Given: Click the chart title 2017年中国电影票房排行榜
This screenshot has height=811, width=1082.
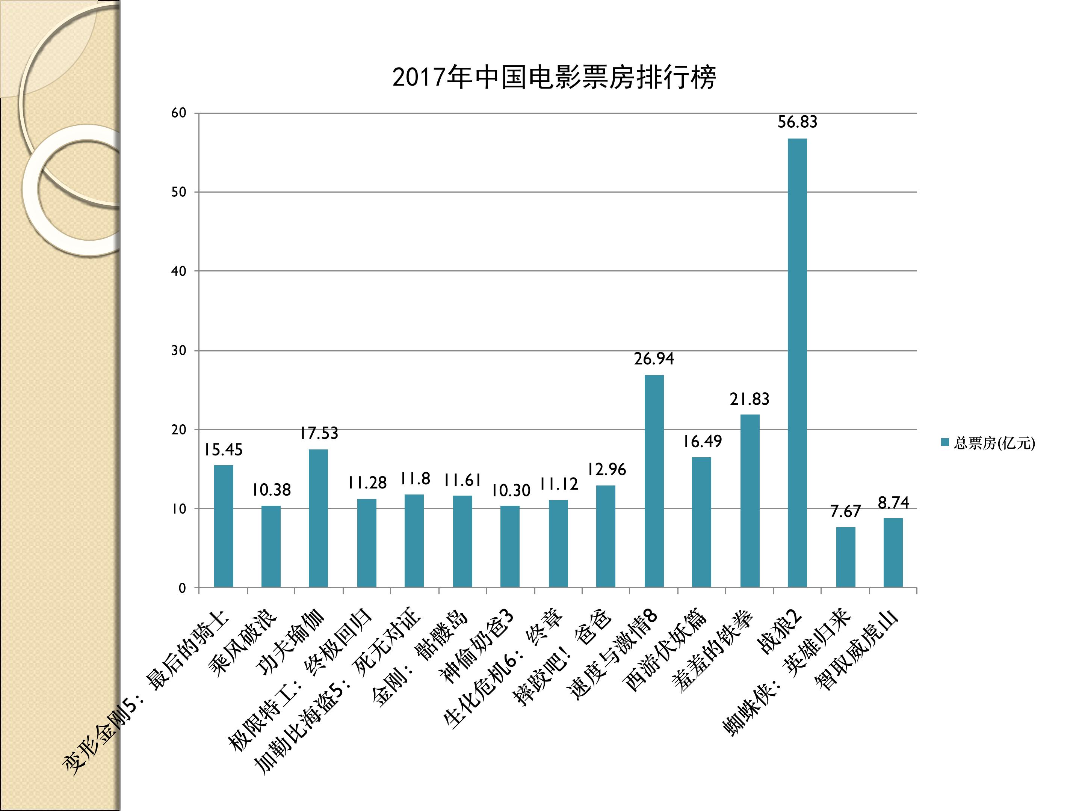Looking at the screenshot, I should [554, 77].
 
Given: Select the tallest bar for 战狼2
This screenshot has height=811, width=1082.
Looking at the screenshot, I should [797, 362].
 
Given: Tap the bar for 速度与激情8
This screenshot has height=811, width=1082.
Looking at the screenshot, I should [654, 481].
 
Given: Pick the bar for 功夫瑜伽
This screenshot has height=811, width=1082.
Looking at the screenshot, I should [319, 518].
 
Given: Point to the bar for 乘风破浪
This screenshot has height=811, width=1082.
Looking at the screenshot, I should [271, 547].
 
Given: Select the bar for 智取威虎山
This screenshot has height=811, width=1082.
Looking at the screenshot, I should [893, 552].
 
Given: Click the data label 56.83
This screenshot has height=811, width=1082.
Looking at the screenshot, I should [797, 122].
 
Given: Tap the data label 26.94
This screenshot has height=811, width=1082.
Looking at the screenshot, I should [654, 359].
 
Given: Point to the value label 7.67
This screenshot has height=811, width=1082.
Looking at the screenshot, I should [845, 511].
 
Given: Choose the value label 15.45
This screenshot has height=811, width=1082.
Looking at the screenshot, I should [223, 450].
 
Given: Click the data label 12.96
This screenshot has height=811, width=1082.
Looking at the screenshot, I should [606, 469].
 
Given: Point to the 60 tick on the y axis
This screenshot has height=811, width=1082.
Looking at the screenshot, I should [179, 113].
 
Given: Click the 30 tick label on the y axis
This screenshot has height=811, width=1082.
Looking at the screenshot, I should [179, 351].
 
